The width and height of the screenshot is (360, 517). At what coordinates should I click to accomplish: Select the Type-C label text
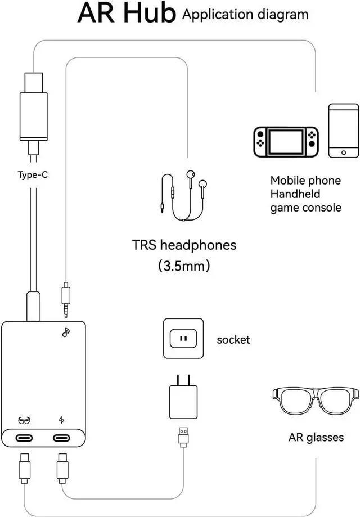pos(37,174)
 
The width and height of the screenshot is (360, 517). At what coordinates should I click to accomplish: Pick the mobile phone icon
pos(344,131)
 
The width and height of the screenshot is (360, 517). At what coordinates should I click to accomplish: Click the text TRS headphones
pos(184,245)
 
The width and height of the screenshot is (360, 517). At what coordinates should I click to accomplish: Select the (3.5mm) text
pos(184,266)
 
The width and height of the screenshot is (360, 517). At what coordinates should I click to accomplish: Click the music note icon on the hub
pos(66,332)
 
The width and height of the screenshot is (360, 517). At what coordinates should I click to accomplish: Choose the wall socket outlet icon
pos(183,339)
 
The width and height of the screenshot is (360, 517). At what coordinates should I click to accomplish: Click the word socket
pos(233,340)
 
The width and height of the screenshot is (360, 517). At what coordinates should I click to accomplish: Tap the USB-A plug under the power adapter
pos(183,437)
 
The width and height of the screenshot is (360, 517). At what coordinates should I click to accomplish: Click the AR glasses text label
pos(316,437)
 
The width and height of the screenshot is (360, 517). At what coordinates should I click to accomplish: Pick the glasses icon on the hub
pos(24,420)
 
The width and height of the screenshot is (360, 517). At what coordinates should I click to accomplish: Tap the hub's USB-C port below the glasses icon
pos(25,437)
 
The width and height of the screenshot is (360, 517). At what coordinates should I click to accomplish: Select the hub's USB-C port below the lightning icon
pos(64,437)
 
